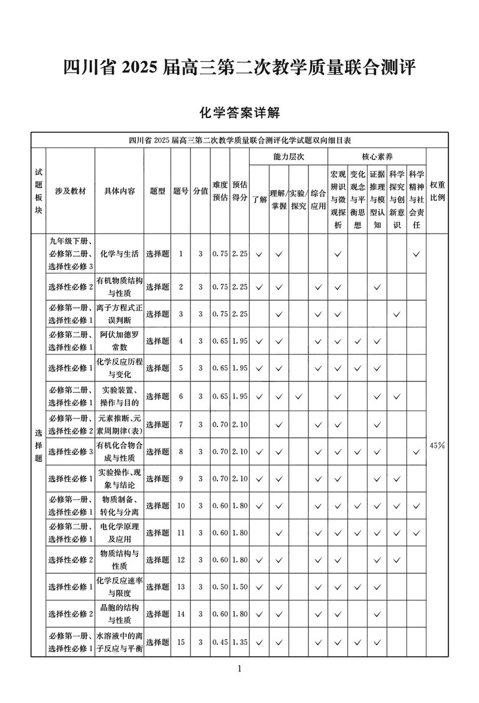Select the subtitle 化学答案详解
tap(239, 112)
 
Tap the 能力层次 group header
tap(288, 156)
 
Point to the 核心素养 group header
tap(377, 156)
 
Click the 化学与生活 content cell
tap(119, 254)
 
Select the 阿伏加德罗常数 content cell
tap(119, 341)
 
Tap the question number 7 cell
tap(181, 425)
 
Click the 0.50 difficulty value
tap(220, 587)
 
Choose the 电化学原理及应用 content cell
tap(119, 532)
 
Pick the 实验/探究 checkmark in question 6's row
tap(298, 396)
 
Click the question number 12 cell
tap(181, 559)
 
